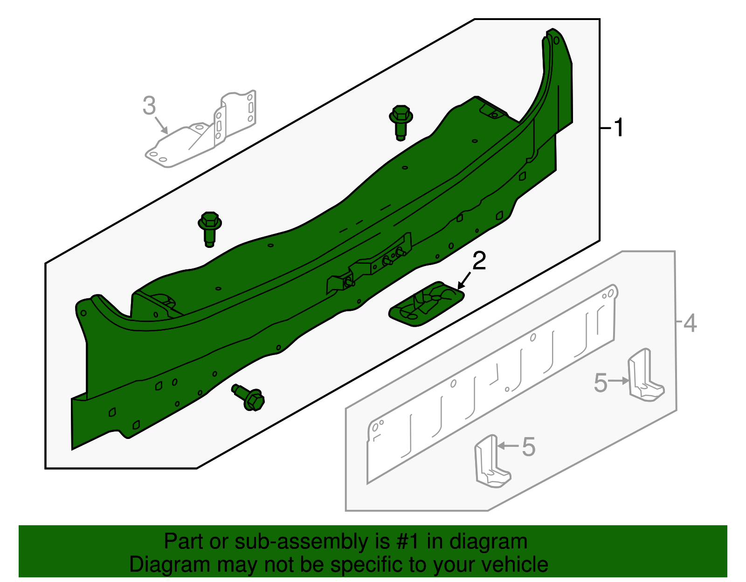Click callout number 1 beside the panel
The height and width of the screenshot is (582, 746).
(x=619, y=128)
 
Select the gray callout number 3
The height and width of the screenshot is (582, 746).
(x=149, y=106)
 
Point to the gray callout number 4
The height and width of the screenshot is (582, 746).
(x=690, y=323)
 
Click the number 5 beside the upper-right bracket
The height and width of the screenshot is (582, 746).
(x=601, y=383)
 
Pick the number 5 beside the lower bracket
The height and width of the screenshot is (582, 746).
(x=529, y=447)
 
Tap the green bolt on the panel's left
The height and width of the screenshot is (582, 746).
(x=209, y=228)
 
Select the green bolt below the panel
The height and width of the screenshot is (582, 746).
(x=249, y=397)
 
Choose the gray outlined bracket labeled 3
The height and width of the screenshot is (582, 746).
(x=200, y=135)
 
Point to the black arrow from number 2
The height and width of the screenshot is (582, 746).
(x=465, y=281)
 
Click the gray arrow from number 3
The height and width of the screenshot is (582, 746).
(x=161, y=124)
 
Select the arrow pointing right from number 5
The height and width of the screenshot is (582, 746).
(x=619, y=381)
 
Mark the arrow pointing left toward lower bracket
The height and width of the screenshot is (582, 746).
(x=508, y=446)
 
